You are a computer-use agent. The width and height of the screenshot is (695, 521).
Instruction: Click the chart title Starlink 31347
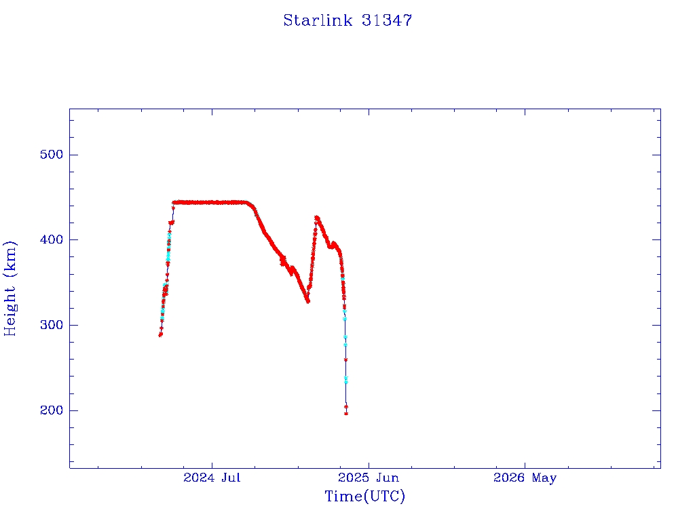347,20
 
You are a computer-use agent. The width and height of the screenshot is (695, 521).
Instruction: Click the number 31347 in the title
387,20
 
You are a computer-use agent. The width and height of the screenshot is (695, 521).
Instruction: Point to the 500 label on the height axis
52,155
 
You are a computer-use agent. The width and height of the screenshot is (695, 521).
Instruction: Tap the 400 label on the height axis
52,239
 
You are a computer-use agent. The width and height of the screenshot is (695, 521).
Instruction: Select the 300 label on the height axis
52,325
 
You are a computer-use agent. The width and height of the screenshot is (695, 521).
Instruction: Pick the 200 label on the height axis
52,410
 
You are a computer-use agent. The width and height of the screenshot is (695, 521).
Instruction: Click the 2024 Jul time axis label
212,478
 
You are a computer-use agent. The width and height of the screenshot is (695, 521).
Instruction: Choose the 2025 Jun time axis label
369,478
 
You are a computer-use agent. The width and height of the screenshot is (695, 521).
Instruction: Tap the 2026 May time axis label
525,478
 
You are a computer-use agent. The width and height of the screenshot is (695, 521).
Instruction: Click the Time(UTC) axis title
364,496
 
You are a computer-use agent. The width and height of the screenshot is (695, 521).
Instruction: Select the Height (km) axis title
10,289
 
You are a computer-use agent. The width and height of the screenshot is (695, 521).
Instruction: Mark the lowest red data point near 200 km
346,414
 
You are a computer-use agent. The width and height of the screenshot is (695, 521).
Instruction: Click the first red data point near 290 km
160,335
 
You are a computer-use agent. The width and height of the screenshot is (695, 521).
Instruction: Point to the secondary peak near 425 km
316,218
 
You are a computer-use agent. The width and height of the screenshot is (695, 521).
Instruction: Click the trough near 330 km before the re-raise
307,301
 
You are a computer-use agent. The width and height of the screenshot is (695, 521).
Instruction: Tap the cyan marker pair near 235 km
346,380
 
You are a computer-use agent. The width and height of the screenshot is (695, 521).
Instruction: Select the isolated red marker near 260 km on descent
345,360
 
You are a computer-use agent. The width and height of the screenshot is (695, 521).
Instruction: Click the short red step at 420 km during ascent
171,223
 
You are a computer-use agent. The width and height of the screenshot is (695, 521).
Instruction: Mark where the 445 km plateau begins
174,202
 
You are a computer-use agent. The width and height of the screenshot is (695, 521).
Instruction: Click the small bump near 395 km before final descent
334,244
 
